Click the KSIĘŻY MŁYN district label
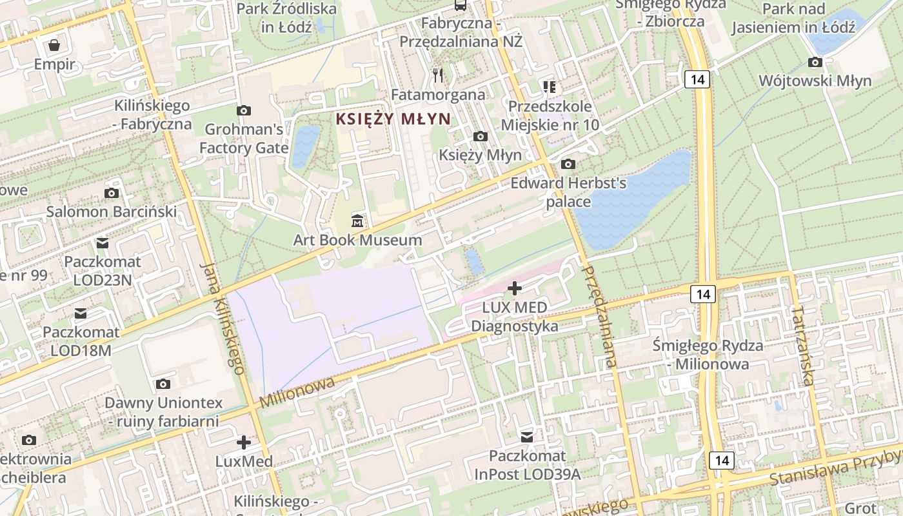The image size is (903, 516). point(393,119)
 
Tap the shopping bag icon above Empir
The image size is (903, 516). point(55,45)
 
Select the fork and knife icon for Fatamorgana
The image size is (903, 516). point(439,75)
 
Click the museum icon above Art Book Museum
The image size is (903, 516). point(357,221)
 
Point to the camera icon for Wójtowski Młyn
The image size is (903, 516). point(815,63)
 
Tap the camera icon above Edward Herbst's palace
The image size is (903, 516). point(568,164)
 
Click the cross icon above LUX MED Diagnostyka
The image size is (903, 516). point(514,288)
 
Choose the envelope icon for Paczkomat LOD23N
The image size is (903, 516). point(102,243)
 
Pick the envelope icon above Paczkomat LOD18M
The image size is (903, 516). point(81,313)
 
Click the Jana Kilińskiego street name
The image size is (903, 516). point(223,319)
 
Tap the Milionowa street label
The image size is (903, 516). point(297,392)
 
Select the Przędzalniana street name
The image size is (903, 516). point(600,316)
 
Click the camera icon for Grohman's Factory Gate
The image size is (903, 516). point(243,110)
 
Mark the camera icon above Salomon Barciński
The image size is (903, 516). point(111,193)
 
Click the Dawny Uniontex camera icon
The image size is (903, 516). point(163,384)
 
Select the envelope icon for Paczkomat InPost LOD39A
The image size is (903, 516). point(528,437)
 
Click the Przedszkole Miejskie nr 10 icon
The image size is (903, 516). point(550,86)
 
